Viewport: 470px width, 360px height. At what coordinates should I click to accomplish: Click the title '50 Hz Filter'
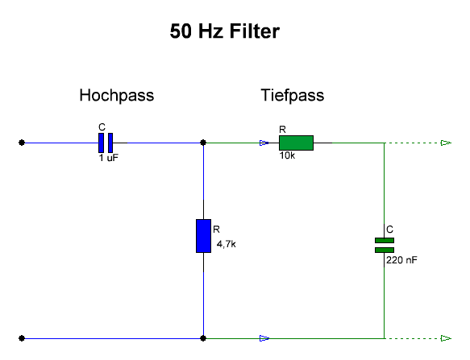pyautogui.click(x=224, y=31)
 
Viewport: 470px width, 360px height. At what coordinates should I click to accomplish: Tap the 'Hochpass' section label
pyautogui.click(x=117, y=96)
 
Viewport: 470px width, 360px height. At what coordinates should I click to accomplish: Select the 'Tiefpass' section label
pyautogui.click(x=293, y=96)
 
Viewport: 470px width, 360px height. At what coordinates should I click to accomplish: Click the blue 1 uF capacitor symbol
pyautogui.click(x=106, y=143)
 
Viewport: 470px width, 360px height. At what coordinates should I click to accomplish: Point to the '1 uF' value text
pyautogui.click(x=109, y=158)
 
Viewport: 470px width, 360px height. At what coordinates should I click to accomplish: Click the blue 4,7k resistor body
pyautogui.click(x=203, y=236)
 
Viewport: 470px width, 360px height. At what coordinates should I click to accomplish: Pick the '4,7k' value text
pyautogui.click(x=226, y=244)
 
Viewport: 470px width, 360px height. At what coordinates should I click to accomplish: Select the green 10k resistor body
pyautogui.click(x=296, y=143)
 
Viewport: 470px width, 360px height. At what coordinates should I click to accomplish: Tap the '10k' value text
pyautogui.click(x=287, y=155)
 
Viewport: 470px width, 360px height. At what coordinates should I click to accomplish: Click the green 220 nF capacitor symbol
pyautogui.click(x=385, y=245)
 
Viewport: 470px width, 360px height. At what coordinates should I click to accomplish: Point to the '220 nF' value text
pyautogui.click(x=401, y=260)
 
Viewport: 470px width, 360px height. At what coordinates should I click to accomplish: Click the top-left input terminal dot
pyautogui.click(x=22, y=143)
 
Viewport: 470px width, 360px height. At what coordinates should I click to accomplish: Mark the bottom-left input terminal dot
pyautogui.click(x=22, y=338)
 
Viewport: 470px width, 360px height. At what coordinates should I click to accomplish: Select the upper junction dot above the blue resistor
pyautogui.click(x=203, y=143)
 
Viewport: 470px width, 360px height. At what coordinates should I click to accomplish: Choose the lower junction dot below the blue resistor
pyautogui.click(x=203, y=338)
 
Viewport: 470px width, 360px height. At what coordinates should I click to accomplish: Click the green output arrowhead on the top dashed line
pyautogui.click(x=446, y=143)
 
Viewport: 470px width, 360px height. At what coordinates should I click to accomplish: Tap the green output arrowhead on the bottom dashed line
pyautogui.click(x=446, y=338)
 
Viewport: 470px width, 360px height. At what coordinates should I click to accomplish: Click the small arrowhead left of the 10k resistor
pyautogui.click(x=264, y=143)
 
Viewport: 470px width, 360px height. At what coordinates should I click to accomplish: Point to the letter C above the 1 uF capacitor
pyautogui.click(x=102, y=127)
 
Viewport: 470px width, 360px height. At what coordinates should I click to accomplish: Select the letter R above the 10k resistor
pyautogui.click(x=282, y=130)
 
